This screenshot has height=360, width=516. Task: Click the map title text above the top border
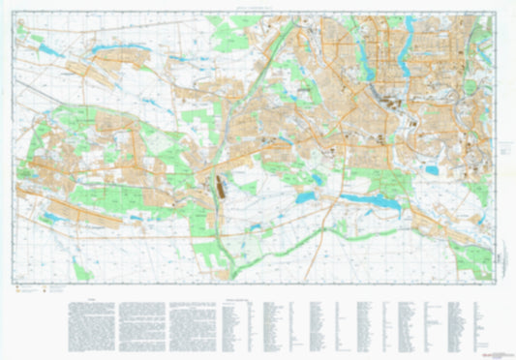pos(258,8)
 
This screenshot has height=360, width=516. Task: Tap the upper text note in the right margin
pos(504,151)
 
